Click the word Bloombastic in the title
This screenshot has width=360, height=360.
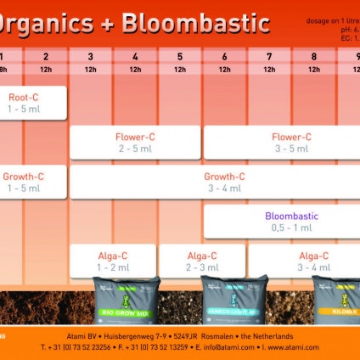(x=195, y=23)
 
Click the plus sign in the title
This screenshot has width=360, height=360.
(x=107, y=24)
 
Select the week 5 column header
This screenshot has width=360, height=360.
(x=180, y=56)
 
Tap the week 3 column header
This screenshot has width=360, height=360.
(x=90, y=56)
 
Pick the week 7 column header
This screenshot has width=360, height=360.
(x=269, y=56)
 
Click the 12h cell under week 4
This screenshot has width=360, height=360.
(x=135, y=69)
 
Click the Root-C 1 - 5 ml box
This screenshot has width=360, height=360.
(x=23, y=103)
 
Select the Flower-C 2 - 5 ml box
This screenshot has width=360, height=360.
(x=135, y=142)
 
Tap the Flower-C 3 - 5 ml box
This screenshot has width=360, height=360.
(x=290, y=142)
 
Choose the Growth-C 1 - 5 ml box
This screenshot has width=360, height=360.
(x=23, y=182)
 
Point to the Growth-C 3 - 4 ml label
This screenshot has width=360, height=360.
(x=224, y=182)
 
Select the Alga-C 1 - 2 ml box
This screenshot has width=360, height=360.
(x=112, y=261)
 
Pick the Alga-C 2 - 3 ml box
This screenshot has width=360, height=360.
(x=201, y=261)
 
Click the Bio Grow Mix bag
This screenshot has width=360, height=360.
(x=126, y=301)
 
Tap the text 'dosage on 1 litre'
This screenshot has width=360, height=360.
(x=333, y=19)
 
